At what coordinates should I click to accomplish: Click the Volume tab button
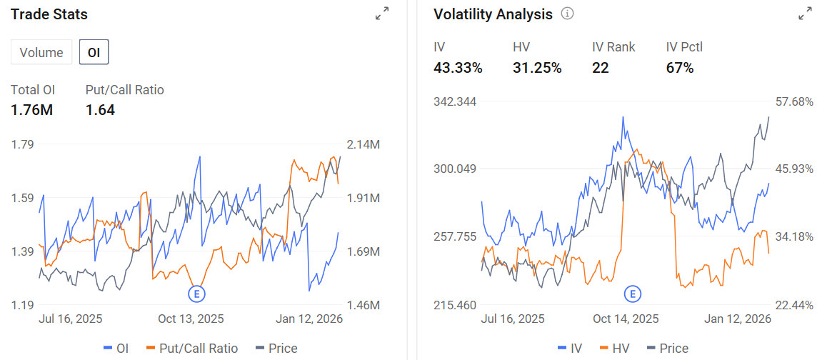click(x=41, y=52)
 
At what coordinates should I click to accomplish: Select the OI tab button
click(x=94, y=52)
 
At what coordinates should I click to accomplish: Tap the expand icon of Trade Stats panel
click(x=382, y=14)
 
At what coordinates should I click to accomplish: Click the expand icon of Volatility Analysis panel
click(x=805, y=14)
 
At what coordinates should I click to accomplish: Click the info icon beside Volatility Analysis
click(x=567, y=14)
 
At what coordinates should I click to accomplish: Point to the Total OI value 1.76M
click(x=32, y=110)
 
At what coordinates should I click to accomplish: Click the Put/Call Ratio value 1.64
click(x=100, y=110)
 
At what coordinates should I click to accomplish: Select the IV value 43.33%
click(x=458, y=68)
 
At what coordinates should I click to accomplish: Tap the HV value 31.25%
click(x=537, y=68)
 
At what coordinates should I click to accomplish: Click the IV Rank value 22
click(x=600, y=68)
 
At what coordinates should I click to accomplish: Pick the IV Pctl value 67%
click(x=680, y=68)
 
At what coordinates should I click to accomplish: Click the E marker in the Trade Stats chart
click(x=197, y=294)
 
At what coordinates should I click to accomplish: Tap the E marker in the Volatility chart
click(x=633, y=294)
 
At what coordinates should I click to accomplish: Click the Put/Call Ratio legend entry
click(x=192, y=348)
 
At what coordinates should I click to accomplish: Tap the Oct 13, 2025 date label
click(x=191, y=319)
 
